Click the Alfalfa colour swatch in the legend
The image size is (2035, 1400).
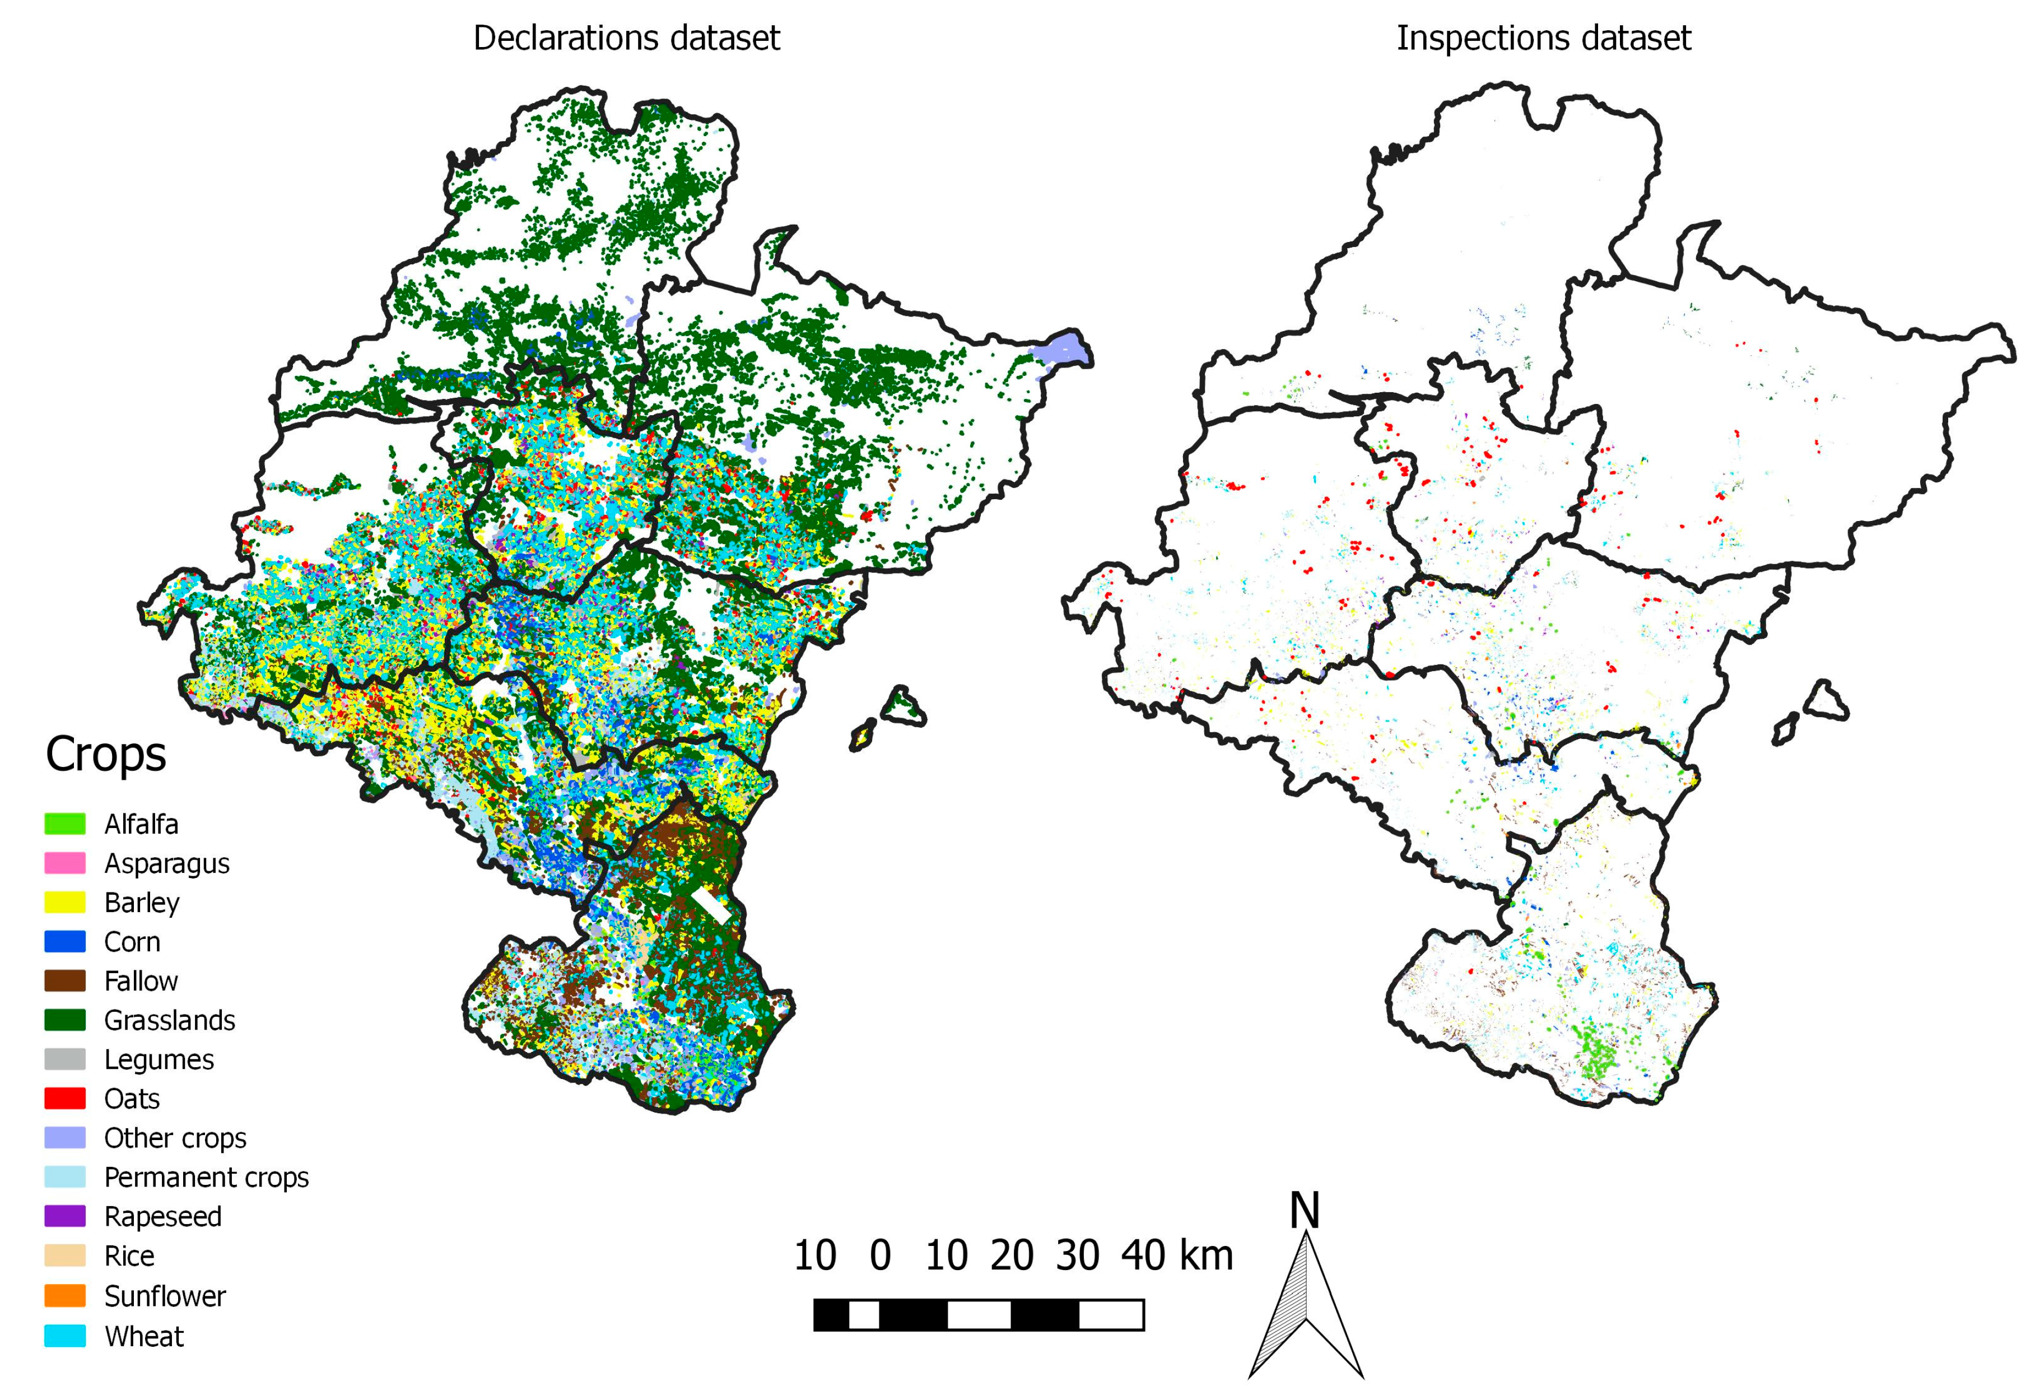click(65, 824)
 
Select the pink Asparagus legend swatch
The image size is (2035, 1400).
click(65, 863)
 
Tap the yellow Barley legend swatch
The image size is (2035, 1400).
click(65, 903)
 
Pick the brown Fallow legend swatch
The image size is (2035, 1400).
click(65, 981)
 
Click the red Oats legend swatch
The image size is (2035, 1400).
click(65, 1098)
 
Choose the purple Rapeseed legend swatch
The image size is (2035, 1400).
click(65, 1216)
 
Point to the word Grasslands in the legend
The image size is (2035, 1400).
click(169, 1020)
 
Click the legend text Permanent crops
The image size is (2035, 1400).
click(206, 1177)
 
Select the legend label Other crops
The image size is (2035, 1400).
click(175, 1138)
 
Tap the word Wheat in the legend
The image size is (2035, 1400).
click(144, 1336)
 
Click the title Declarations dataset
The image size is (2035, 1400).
click(626, 39)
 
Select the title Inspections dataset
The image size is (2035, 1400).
click(1543, 39)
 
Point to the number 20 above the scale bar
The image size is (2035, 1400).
click(1012, 1255)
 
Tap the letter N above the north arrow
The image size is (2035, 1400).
click(1305, 1211)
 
